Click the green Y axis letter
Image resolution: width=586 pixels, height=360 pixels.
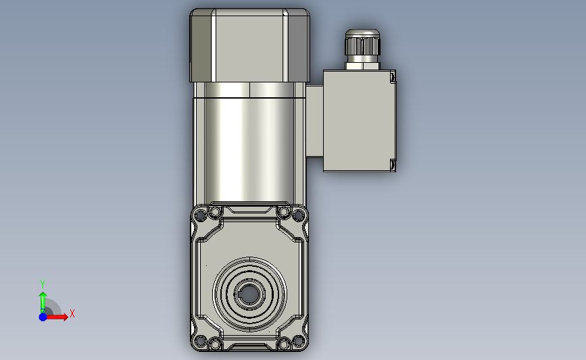[43, 284]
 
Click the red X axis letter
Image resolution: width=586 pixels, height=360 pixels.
[72, 313]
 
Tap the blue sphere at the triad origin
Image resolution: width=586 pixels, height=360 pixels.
[43, 317]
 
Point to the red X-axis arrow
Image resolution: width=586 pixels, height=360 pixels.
[56, 317]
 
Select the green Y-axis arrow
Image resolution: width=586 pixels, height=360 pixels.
[43, 303]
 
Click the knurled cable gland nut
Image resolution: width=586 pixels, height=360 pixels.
[362, 45]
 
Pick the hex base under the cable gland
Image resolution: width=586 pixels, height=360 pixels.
[362, 66]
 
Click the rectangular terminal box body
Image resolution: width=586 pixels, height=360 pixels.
[359, 121]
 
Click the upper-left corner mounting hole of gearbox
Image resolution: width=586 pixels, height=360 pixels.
[200, 215]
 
